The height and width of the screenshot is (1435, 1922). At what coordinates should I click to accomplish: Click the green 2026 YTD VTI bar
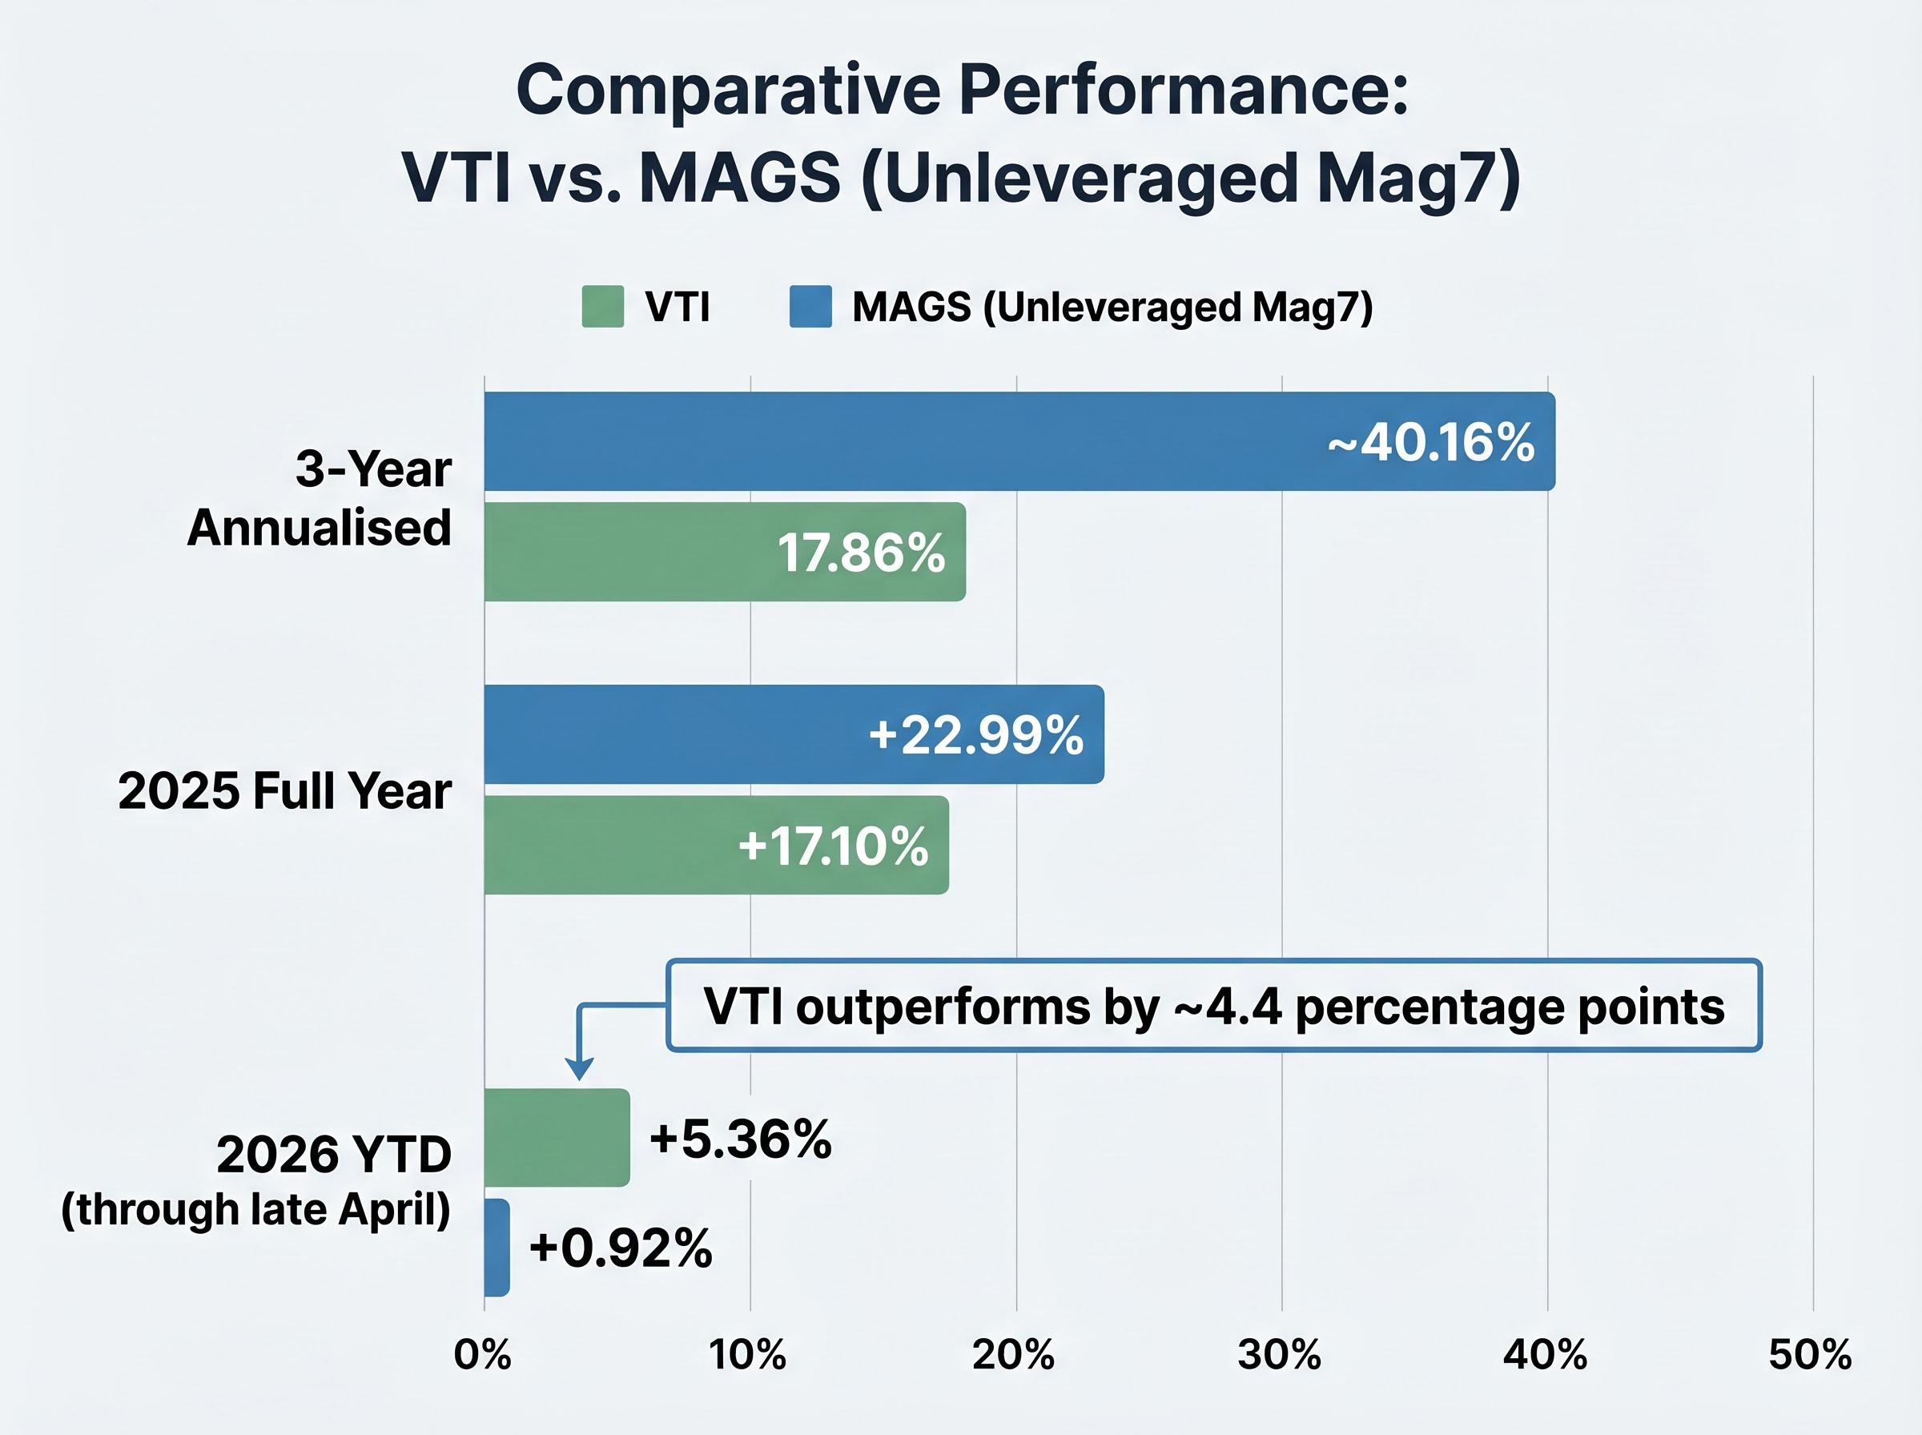556,1137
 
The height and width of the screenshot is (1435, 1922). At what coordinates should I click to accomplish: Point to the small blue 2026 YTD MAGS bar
497,1248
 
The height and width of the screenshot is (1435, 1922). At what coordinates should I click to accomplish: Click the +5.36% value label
741,1139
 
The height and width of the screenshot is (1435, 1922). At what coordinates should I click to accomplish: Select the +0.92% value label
621,1248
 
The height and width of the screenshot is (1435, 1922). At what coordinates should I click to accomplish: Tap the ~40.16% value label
1431,442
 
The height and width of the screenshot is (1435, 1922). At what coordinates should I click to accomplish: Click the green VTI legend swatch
603,307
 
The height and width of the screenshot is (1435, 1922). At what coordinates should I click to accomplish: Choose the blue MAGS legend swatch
810,307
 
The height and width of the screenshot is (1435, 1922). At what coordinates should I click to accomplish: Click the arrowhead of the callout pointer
579,1068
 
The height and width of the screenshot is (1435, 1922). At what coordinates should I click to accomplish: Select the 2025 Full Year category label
285,790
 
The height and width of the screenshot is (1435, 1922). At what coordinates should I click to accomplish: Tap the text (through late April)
256,1209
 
